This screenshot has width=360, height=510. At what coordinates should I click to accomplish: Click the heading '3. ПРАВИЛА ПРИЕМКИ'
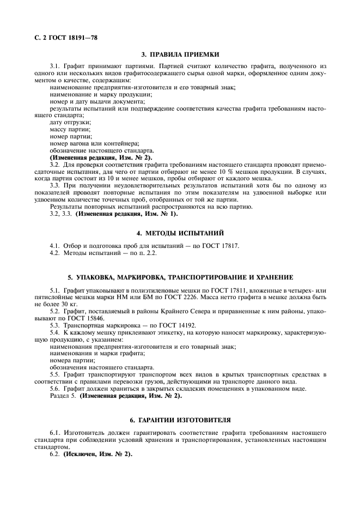tap(180, 54)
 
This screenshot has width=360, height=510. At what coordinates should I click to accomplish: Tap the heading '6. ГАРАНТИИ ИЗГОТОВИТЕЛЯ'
tap(180, 420)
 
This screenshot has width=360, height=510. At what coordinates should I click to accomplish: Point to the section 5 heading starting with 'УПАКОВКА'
tap(180, 277)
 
